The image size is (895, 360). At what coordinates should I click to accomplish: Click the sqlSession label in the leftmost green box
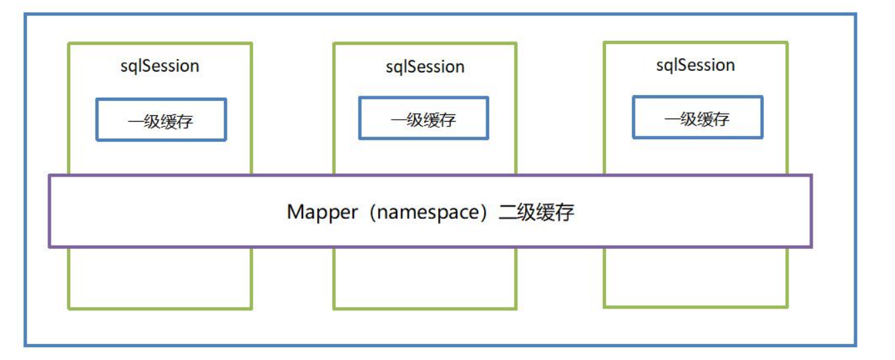pyautogui.click(x=160, y=66)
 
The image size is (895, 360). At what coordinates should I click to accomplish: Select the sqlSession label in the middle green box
pyautogui.click(x=425, y=67)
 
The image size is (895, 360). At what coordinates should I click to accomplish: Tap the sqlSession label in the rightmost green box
pyautogui.click(x=695, y=65)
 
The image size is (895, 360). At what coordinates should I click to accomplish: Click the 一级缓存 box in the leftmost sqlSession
pyautogui.click(x=161, y=120)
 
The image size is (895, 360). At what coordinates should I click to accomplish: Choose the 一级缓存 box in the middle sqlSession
pyautogui.click(x=423, y=118)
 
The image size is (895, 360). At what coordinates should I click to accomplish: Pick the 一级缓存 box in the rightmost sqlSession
pyautogui.click(x=697, y=118)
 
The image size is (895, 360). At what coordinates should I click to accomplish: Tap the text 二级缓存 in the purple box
pyautogui.click(x=536, y=212)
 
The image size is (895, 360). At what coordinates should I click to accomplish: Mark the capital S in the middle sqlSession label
pyautogui.click(x=411, y=67)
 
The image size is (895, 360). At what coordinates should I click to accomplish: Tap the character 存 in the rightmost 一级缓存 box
pyautogui.click(x=721, y=118)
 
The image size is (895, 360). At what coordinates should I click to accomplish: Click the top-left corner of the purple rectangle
pyautogui.click(x=49, y=176)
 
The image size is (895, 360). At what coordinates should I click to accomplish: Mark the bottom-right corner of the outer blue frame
pyautogui.click(x=856, y=345)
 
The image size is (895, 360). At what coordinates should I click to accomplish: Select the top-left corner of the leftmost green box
pyautogui.click(x=68, y=43)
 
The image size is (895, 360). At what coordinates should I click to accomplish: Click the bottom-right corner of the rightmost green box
pyautogui.click(x=787, y=307)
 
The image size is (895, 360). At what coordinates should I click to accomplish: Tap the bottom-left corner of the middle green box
pyautogui.click(x=334, y=308)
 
